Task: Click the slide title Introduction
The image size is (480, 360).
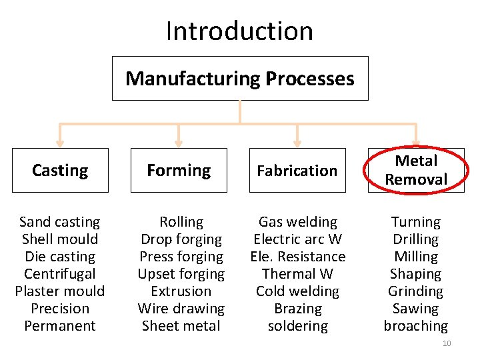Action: (239, 31)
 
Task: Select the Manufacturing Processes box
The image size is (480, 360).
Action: (240, 79)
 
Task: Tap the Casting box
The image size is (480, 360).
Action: (60, 171)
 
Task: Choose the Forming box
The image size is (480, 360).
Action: (179, 171)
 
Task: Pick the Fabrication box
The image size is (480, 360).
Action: (297, 171)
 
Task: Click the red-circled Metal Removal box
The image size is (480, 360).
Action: (416, 170)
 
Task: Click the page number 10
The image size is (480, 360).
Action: (447, 343)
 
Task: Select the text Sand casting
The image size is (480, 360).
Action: (60, 222)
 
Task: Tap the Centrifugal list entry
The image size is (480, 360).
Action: (60, 274)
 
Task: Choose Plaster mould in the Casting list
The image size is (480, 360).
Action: (60, 291)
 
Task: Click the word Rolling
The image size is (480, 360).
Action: (181, 222)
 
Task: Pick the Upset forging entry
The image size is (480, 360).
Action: (181, 274)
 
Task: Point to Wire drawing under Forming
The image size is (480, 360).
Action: (181, 309)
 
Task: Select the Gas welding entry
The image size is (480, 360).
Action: (298, 222)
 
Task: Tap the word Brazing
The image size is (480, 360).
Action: (298, 309)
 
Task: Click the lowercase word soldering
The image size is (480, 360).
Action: (298, 326)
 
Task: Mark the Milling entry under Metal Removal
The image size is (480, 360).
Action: (416, 257)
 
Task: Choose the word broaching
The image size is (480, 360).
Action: (416, 326)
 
